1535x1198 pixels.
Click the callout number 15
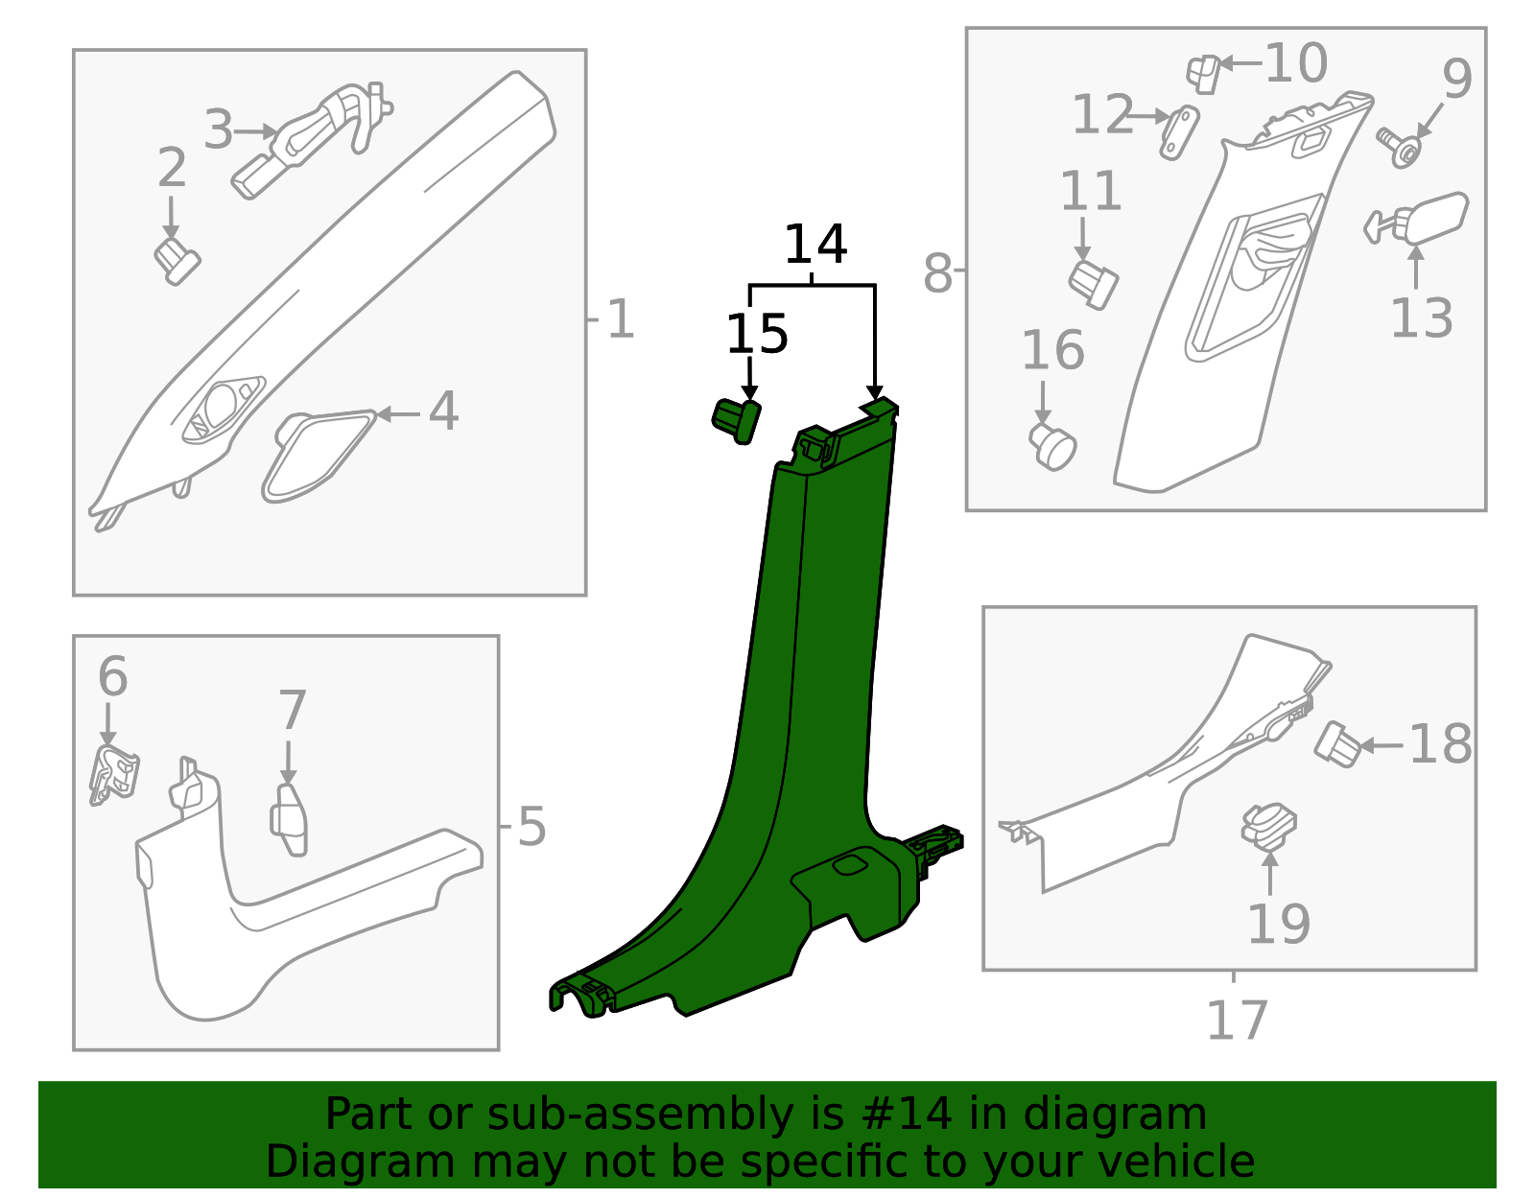(756, 335)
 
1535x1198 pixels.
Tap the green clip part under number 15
(735, 420)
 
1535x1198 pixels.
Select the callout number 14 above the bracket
(815, 245)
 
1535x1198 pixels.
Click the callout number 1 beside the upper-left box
(621, 319)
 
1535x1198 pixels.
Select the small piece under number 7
(290, 818)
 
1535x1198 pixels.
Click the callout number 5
(531, 826)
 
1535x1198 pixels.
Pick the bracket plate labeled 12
(1179, 132)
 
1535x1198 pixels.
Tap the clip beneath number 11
(1093, 283)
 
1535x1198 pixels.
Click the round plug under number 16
(1053, 447)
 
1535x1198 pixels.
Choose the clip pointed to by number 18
(1337, 744)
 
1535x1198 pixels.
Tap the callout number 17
(1237, 1021)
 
